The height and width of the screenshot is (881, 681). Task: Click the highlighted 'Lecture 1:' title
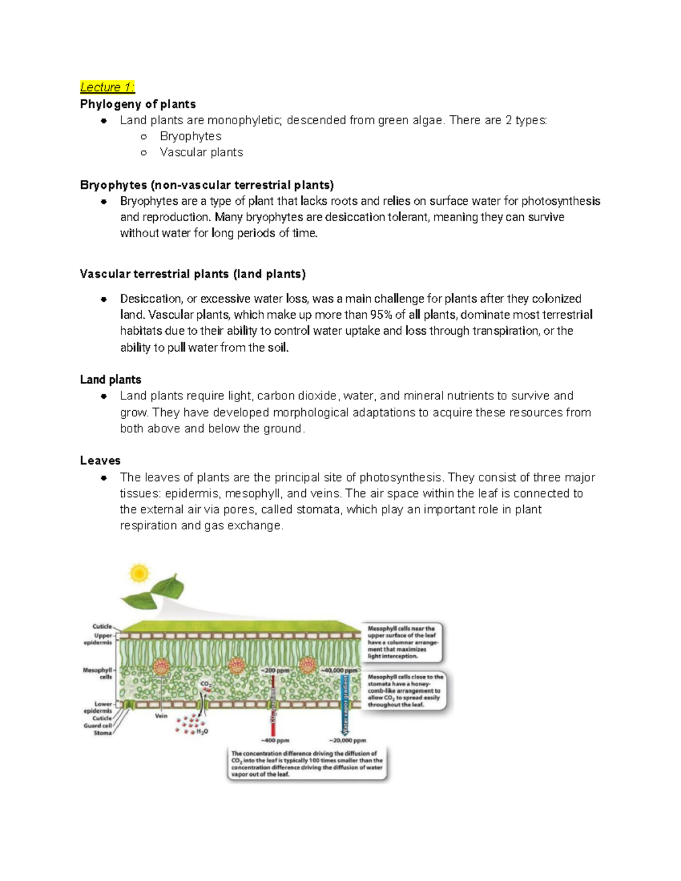107,87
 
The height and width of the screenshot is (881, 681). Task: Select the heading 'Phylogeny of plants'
138,104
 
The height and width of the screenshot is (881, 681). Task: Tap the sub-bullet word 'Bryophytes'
191,136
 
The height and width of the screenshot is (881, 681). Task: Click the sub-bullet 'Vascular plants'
201,152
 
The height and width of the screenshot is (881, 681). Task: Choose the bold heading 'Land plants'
111,380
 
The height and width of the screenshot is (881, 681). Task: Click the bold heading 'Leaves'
100,461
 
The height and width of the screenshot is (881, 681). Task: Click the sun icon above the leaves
138,573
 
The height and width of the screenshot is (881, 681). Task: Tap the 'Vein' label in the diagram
161,716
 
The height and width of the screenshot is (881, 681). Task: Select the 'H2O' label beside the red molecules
202,732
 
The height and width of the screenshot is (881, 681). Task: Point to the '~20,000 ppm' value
348,740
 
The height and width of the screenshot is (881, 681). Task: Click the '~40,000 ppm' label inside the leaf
340,670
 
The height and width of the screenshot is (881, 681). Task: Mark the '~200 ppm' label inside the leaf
275,670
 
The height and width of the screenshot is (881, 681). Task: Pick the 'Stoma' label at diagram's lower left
102,733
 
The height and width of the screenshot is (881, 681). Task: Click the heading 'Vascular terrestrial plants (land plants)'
193,274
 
